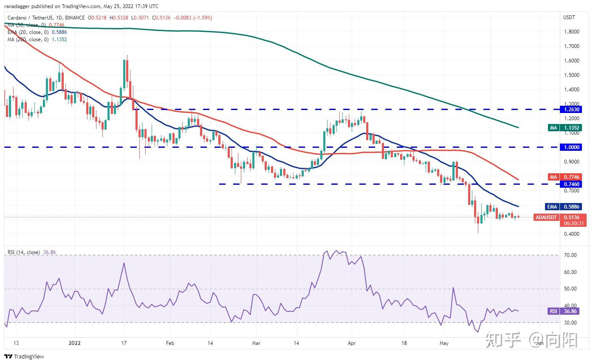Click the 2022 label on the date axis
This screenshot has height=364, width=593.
tap(75, 342)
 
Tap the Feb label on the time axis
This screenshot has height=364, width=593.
tap(169, 342)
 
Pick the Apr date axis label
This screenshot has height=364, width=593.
tap(351, 342)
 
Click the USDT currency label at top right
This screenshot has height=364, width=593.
tap(569, 17)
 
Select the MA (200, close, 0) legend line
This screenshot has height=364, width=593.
tap(37, 40)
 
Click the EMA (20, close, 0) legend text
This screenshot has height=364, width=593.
tap(37, 32)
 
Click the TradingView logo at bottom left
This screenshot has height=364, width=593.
tap(24, 357)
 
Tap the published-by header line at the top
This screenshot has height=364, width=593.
tap(81, 6)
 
